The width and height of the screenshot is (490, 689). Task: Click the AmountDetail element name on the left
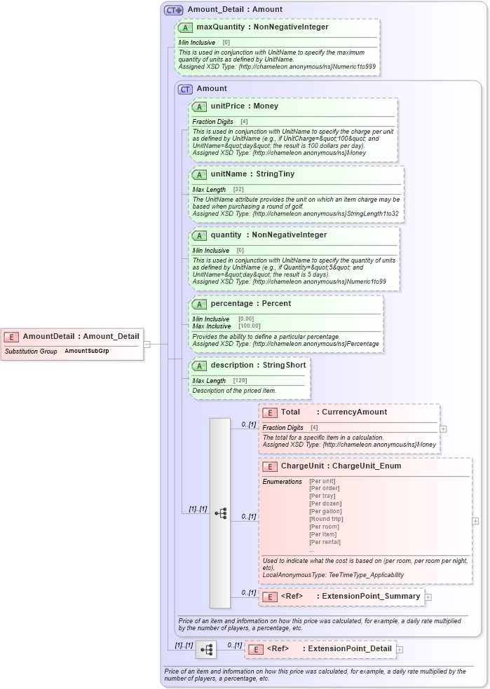point(81,336)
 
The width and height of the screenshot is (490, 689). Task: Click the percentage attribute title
point(250,304)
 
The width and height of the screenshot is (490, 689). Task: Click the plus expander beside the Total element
point(443,429)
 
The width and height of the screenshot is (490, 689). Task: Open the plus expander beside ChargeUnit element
point(475,521)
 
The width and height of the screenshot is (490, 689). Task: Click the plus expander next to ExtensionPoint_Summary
point(428,597)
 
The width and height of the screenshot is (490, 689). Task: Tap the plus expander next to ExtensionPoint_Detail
point(400,650)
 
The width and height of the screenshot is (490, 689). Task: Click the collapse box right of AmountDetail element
point(147,344)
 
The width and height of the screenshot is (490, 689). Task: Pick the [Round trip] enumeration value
point(326,519)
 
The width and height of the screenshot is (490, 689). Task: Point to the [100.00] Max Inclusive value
point(249,326)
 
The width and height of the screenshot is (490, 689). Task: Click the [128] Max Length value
point(240,381)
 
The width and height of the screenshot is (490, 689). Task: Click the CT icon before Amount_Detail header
point(173,10)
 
